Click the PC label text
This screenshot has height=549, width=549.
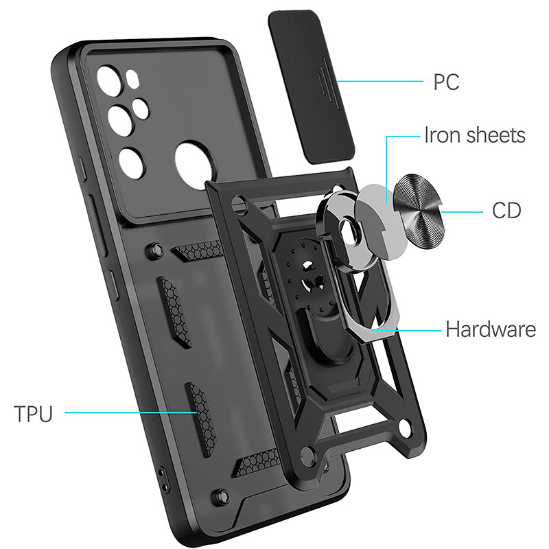(446, 82)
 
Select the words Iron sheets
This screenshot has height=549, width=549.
(475, 135)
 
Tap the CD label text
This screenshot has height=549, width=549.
(506, 211)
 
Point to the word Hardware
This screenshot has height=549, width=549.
(491, 329)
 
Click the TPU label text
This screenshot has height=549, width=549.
(33, 414)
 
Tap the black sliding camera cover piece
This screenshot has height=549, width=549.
(312, 86)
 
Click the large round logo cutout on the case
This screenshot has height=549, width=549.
(194, 165)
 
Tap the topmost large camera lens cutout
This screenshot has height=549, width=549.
(109, 80)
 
